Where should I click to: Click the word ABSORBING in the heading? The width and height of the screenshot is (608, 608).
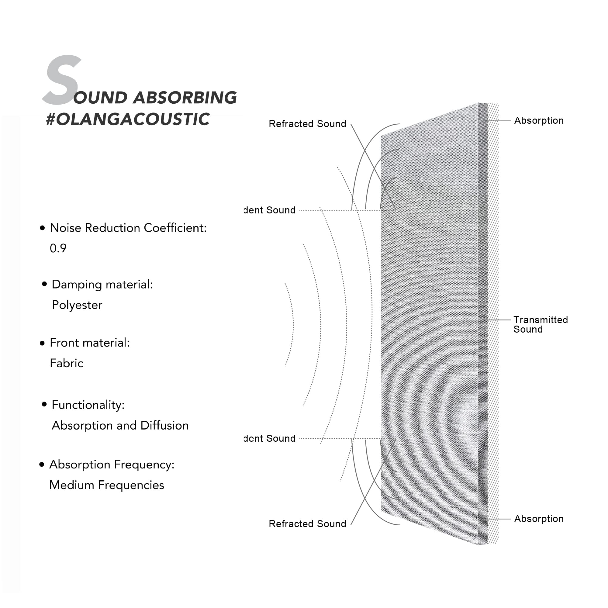click(x=185, y=98)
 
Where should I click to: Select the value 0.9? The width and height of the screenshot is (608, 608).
click(x=58, y=248)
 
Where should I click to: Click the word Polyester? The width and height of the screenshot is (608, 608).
click(x=77, y=305)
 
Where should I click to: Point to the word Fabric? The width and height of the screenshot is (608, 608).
click(x=66, y=363)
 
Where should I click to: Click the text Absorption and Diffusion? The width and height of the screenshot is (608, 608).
click(x=120, y=426)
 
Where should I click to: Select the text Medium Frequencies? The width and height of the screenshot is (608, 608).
click(x=107, y=485)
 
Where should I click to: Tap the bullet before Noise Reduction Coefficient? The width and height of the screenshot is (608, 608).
click(x=43, y=228)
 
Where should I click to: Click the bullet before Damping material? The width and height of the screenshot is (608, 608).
click(x=44, y=284)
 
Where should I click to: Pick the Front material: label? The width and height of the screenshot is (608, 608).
click(x=90, y=343)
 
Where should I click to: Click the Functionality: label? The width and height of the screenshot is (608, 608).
click(x=88, y=405)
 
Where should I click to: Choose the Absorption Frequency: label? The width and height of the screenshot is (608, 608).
click(x=112, y=465)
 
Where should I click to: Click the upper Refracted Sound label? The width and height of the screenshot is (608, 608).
click(x=307, y=124)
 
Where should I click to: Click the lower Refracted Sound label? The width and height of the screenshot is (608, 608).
click(x=307, y=524)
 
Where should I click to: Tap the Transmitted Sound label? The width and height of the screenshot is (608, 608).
click(x=540, y=324)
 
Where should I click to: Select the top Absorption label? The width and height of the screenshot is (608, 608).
click(x=538, y=120)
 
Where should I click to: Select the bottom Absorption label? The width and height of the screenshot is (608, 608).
click(x=538, y=519)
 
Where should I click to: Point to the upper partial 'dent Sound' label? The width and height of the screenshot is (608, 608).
click(x=269, y=210)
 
